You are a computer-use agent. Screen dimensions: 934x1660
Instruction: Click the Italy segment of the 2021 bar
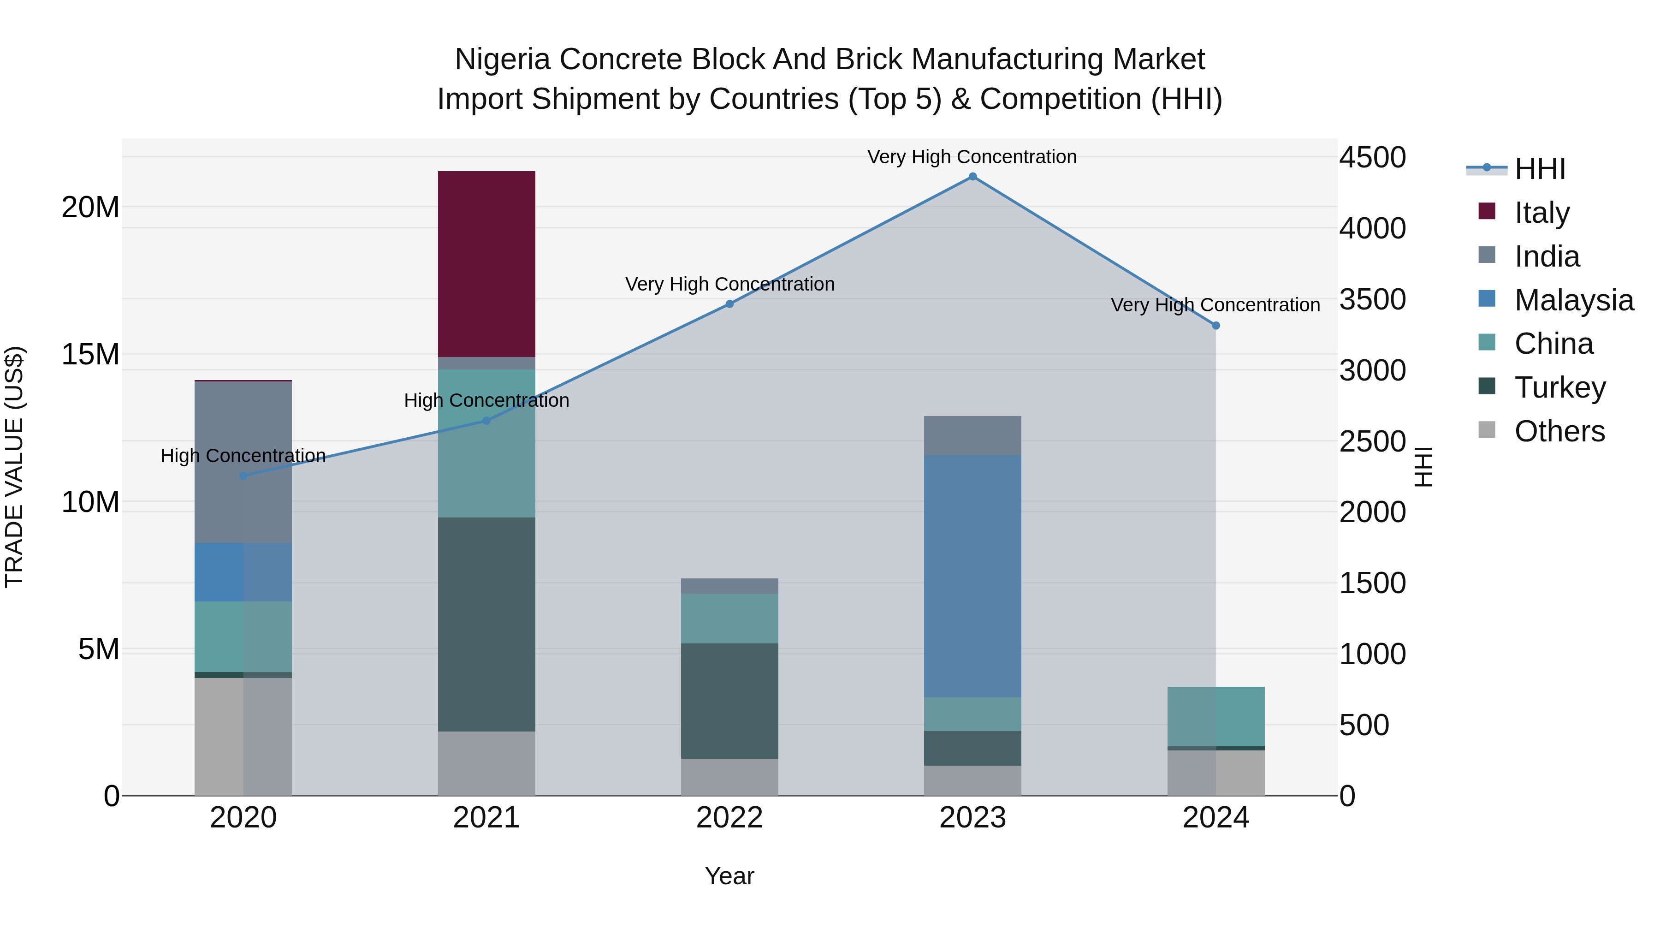486,264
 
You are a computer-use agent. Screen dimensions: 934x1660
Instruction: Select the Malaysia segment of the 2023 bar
972,576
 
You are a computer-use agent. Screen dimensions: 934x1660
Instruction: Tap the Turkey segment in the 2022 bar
729,701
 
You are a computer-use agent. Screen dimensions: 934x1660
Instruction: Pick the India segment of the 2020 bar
243,462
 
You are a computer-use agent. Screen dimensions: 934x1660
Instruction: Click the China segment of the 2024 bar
1216,716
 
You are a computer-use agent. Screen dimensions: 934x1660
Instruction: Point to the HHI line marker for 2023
973,177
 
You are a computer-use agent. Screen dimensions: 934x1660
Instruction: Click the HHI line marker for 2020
243,476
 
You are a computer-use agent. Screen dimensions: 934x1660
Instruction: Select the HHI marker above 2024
1216,326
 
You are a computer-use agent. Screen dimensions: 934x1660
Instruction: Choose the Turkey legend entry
1559,387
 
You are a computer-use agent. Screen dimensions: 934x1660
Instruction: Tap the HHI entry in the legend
1540,169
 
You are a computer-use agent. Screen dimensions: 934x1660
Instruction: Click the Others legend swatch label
1559,431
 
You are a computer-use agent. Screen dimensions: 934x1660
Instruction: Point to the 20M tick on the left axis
90,208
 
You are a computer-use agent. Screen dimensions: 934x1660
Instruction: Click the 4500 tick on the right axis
1373,157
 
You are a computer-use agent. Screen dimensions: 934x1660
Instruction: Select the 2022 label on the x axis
729,818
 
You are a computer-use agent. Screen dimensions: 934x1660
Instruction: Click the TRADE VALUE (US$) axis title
14,467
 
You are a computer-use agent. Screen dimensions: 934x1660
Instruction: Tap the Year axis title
729,876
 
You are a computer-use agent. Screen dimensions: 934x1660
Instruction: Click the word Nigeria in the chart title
503,59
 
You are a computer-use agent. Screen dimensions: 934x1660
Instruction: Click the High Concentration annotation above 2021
486,400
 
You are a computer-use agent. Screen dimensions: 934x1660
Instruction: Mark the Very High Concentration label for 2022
729,284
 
